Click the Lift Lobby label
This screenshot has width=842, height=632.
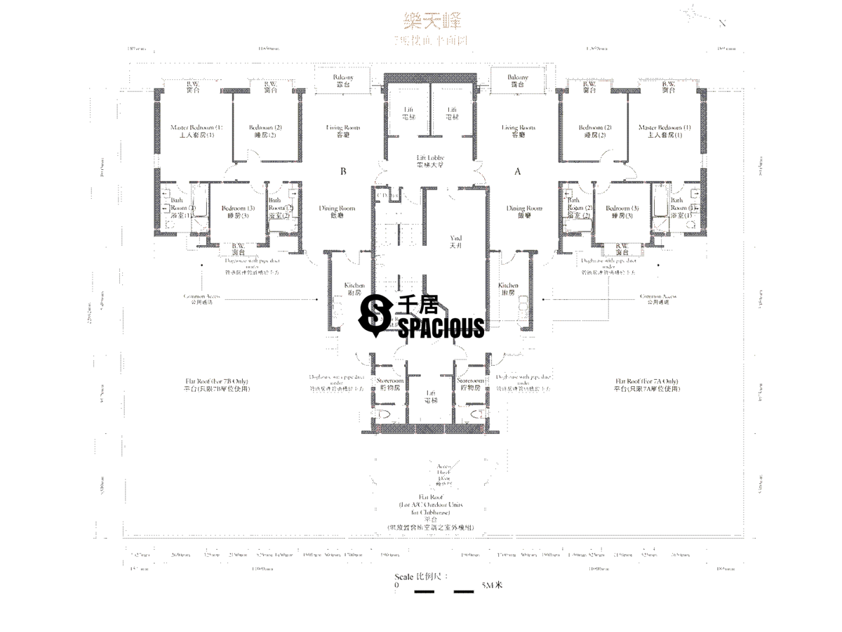pos(430,162)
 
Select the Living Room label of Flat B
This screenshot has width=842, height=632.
pos(343,131)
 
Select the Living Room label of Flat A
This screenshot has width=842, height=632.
pos(519,131)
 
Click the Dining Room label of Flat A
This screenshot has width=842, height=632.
pos(524,212)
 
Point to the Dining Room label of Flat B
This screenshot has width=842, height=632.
pos(337,212)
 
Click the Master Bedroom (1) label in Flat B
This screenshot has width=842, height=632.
pos(196,131)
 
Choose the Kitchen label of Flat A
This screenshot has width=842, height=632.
pos(508,289)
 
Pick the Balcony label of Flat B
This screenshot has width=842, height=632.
pos(342,80)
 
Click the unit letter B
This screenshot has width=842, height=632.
pos(344,171)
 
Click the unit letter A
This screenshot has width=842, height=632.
pos(518,171)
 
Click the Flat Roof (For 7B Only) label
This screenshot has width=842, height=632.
pos(217,384)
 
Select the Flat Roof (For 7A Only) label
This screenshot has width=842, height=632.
pos(646,384)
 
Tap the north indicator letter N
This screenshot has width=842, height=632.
pos(722,23)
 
